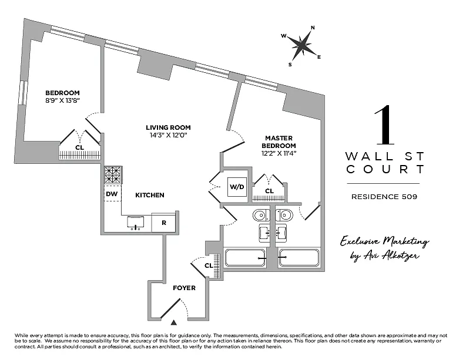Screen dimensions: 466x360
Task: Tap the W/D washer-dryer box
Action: [237, 187]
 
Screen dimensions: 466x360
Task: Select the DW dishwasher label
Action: [112, 193]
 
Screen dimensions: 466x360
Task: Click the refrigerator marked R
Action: [164, 223]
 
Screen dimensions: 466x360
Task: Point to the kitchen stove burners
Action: [112, 175]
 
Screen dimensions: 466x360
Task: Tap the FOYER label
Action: [184, 288]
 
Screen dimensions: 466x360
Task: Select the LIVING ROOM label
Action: [169, 127]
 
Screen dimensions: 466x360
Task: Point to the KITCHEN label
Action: [150, 195]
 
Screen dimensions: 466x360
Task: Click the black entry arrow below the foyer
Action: [174, 322]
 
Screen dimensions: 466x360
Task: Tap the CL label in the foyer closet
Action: [208, 266]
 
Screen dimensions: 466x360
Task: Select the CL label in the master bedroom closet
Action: [270, 191]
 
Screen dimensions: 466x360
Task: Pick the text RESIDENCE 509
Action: [384, 197]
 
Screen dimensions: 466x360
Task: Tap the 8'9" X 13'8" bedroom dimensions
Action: [62, 101]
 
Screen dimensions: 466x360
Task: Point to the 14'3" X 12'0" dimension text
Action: [169, 135]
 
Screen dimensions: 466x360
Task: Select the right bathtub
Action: [299, 258]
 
